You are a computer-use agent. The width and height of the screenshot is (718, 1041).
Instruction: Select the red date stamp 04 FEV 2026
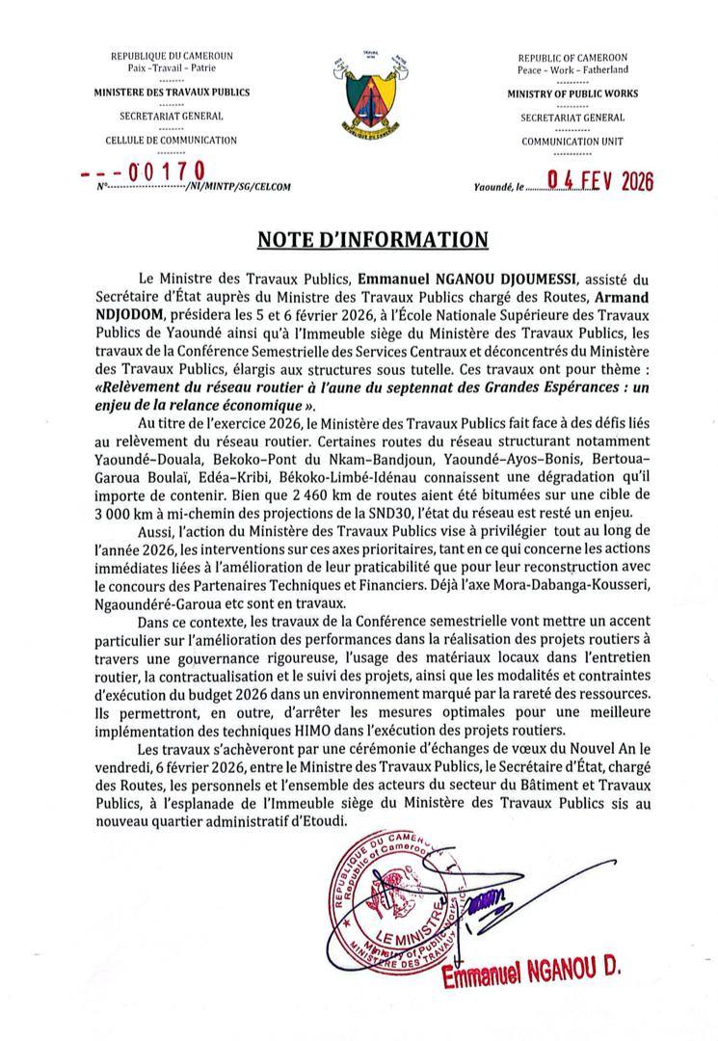[x=599, y=180]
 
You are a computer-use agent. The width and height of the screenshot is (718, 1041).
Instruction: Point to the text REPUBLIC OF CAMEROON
[x=572, y=58]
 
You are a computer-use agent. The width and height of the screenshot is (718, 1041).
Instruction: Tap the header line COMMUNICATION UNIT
[x=572, y=141]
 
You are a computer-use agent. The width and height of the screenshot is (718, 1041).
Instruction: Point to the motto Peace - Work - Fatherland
[x=572, y=70]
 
